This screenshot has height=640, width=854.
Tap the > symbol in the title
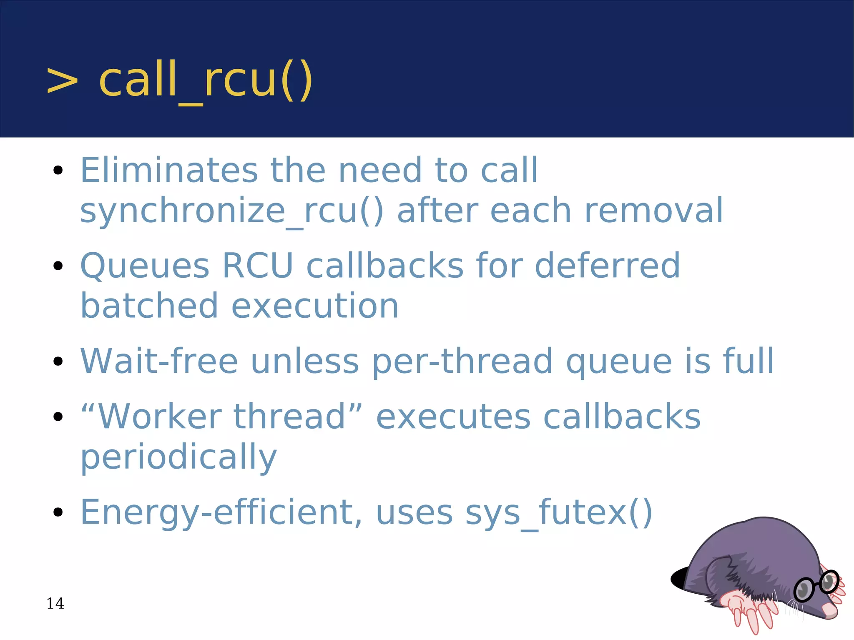point(62,81)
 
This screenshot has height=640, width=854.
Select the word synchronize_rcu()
point(231,211)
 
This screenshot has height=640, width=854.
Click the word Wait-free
point(159,361)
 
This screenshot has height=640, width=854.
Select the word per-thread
point(462,362)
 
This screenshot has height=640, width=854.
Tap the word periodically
point(178,458)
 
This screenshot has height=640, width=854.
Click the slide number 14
point(55,603)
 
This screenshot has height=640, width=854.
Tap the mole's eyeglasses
point(816,586)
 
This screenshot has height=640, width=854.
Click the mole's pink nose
point(830,611)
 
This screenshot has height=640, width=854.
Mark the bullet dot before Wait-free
point(58,361)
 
